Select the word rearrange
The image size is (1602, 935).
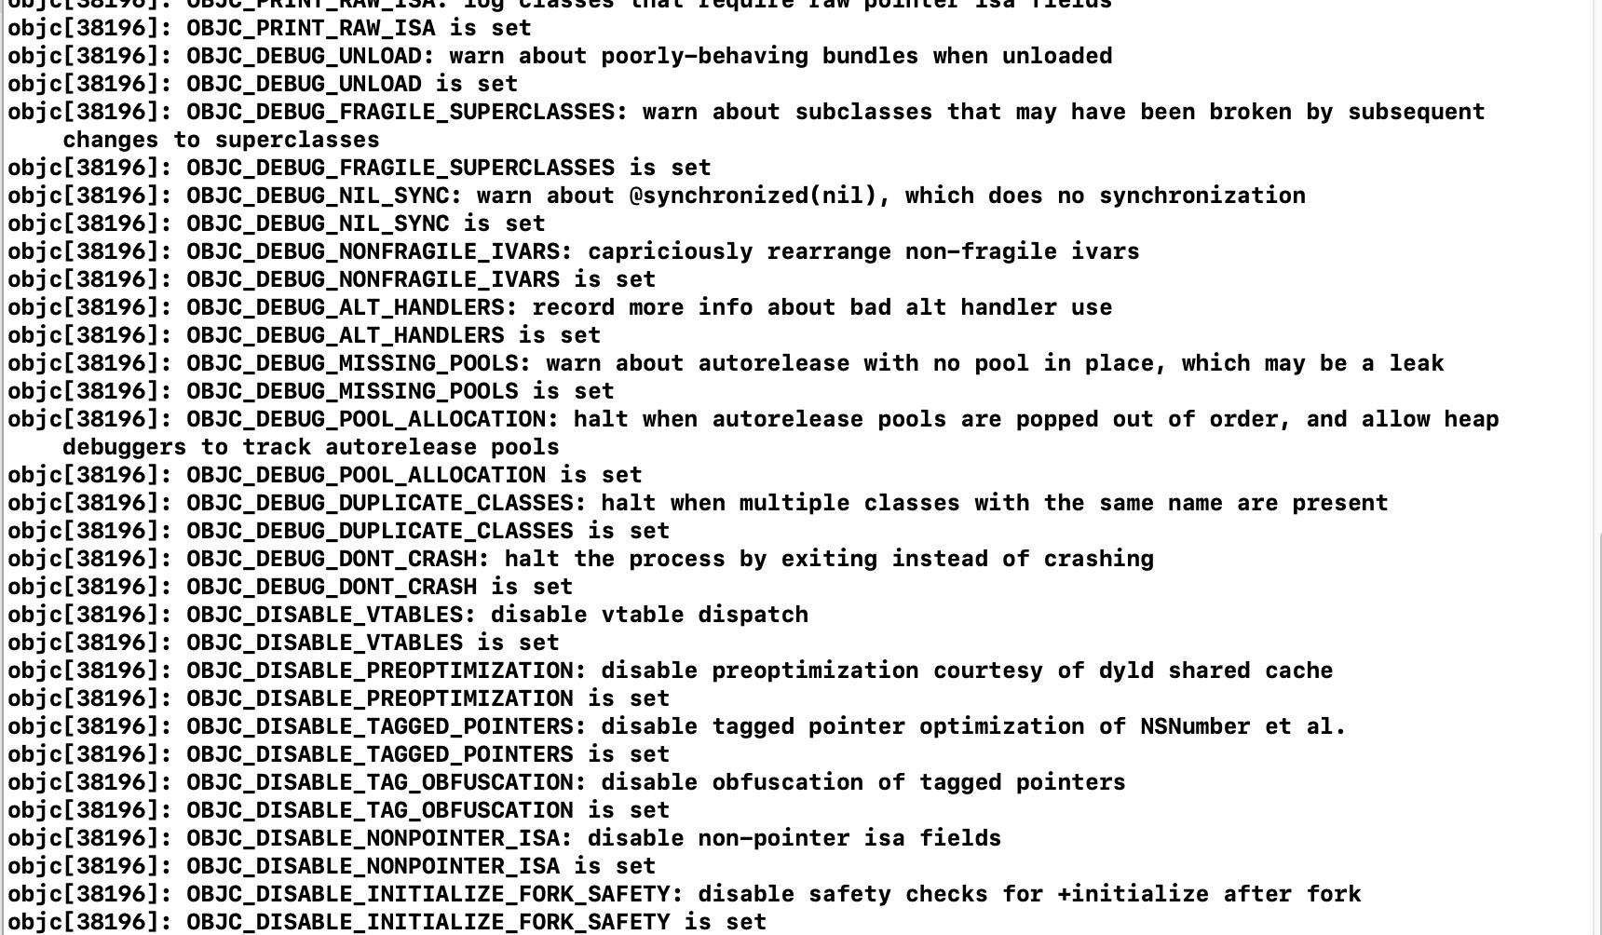tap(829, 251)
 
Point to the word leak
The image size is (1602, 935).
tap(1416, 363)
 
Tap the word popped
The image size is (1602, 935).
tap(1056, 419)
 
